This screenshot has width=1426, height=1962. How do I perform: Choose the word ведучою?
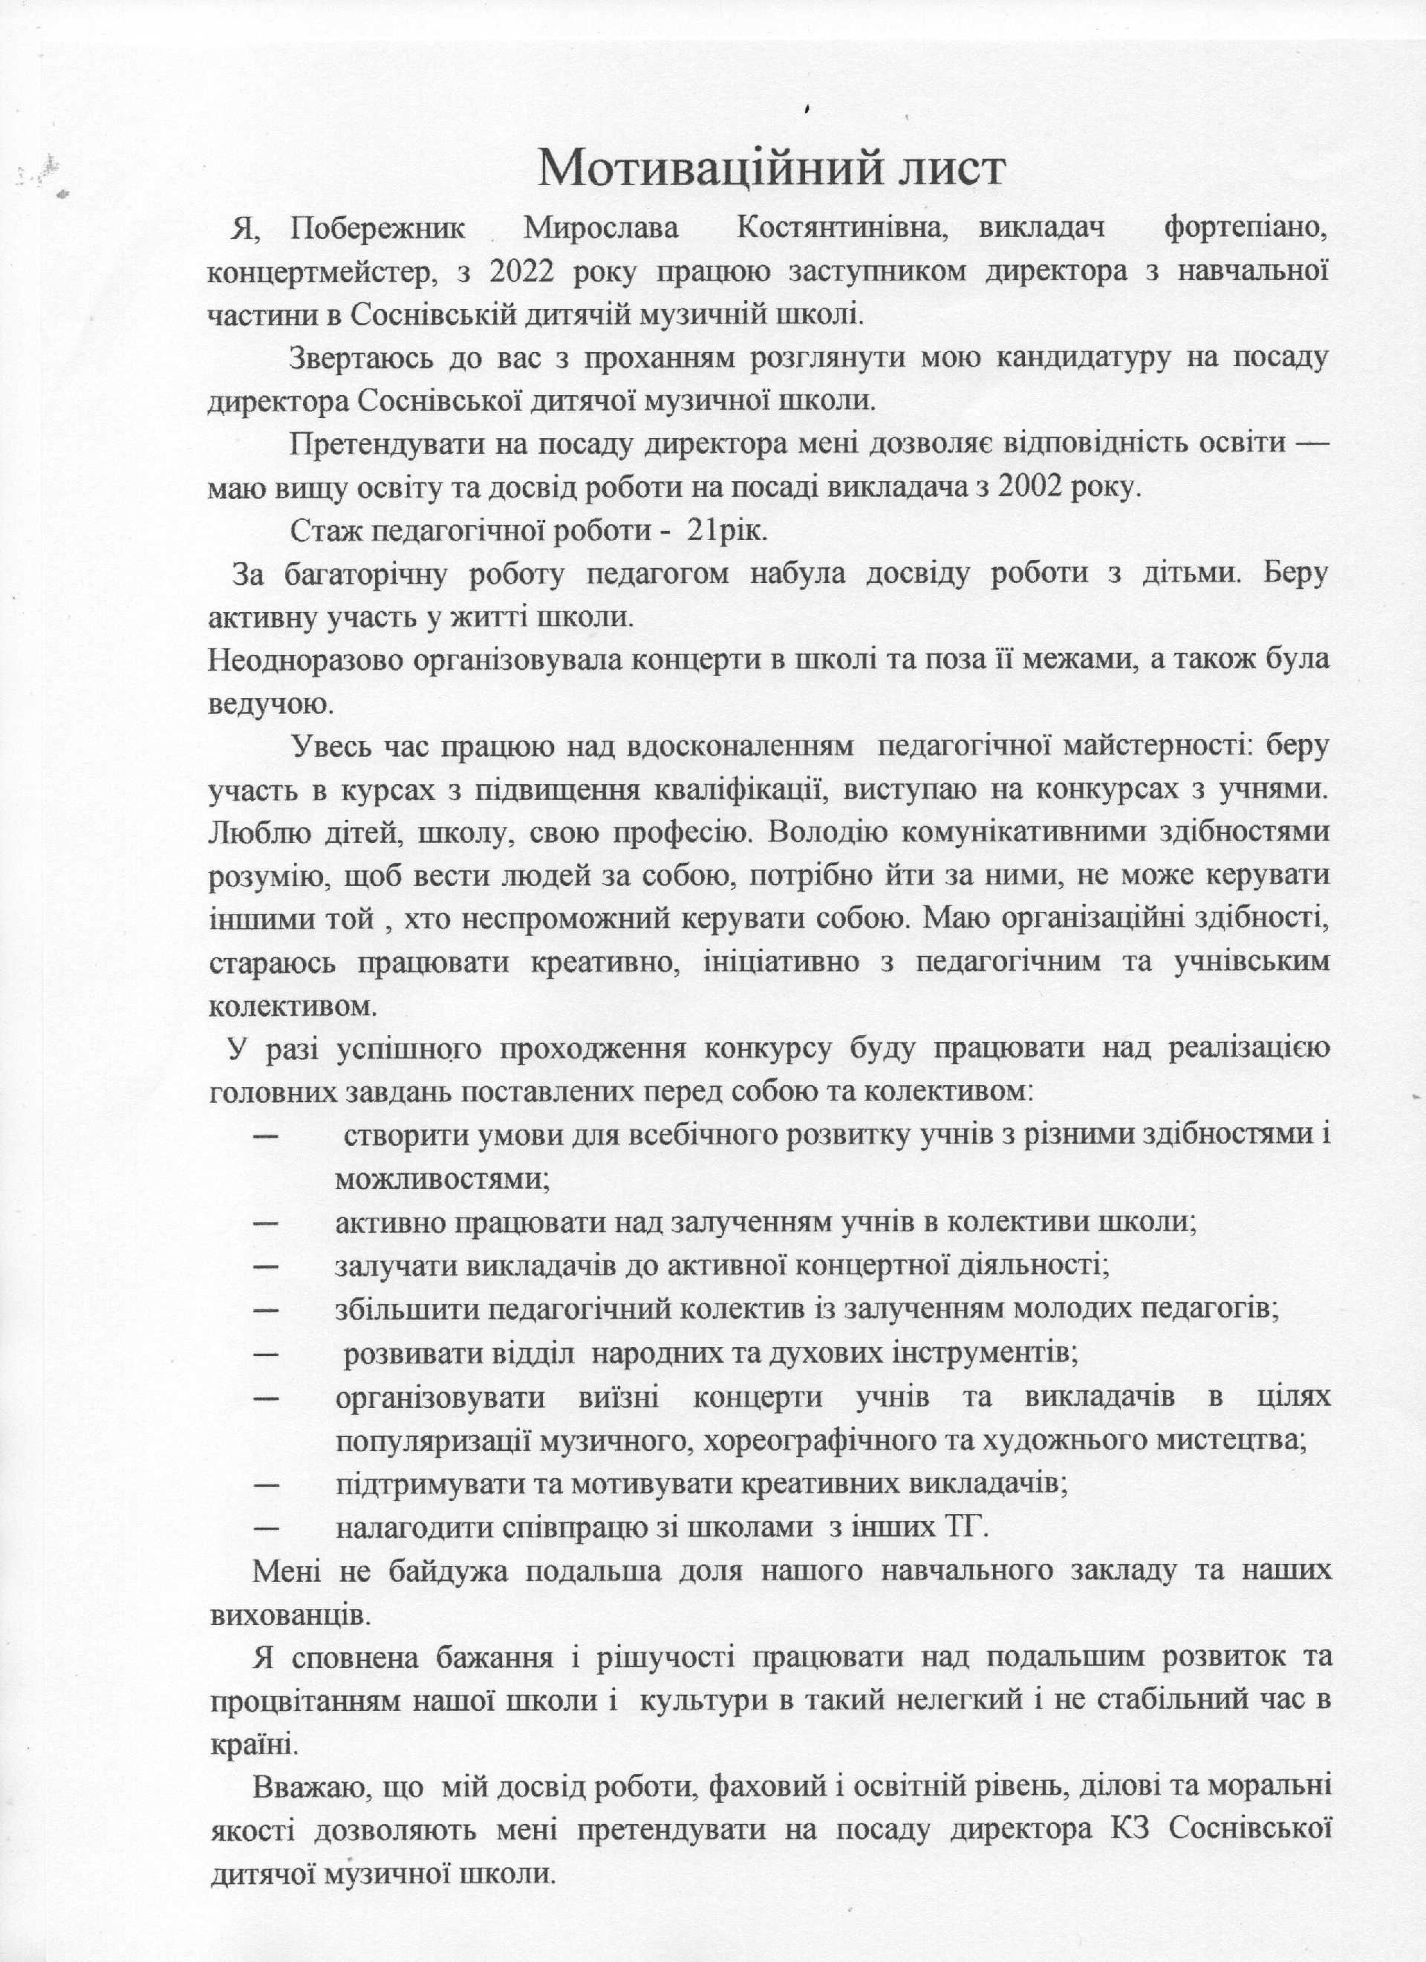pos(270,703)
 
